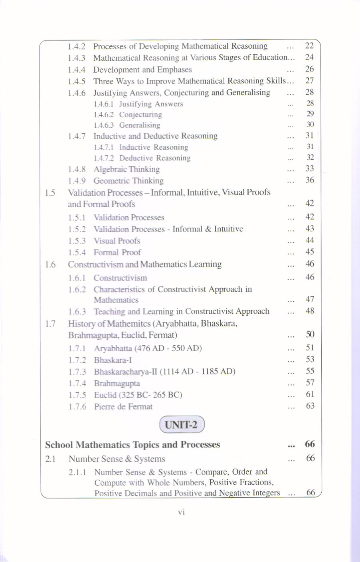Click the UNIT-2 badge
(x=182, y=424)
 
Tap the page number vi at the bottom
(x=182, y=512)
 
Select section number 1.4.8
(x=77, y=169)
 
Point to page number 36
(x=310, y=180)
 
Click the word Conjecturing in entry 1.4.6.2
(x=140, y=115)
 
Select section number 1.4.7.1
(x=103, y=147)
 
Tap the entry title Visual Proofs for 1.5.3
(x=117, y=241)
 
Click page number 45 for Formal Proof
(x=310, y=252)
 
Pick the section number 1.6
(x=50, y=264)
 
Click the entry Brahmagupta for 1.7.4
(x=117, y=384)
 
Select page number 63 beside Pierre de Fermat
(x=310, y=406)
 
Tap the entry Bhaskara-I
(x=113, y=360)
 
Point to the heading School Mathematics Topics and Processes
(x=133, y=445)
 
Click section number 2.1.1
(x=77, y=472)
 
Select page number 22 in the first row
(x=309, y=46)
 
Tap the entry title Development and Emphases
(x=142, y=69)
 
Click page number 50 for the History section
(x=310, y=334)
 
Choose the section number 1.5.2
(x=77, y=229)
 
